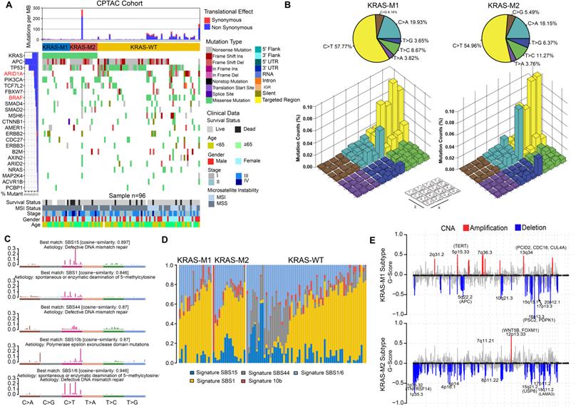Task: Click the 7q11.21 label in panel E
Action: (x=485, y=321)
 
